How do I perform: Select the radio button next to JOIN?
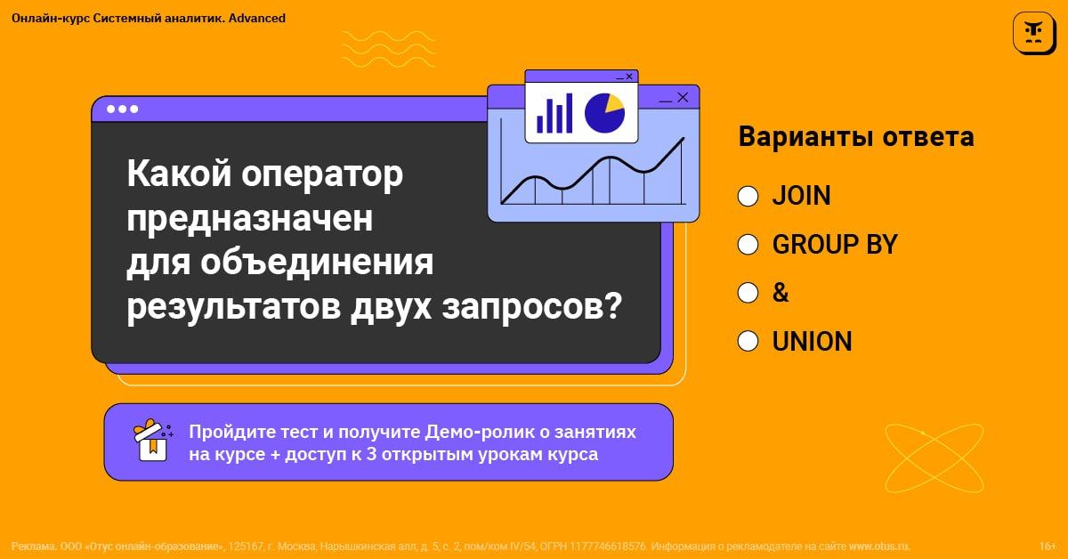pos(748,196)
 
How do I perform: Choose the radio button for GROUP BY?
pos(748,245)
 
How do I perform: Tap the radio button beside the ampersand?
pos(748,293)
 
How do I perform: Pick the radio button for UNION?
pos(748,342)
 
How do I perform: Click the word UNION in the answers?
pos(812,342)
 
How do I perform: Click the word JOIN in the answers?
pos(802,196)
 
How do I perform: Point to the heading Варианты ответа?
pos(856,136)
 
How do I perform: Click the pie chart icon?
pos(604,113)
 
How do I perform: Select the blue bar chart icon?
pos(554,114)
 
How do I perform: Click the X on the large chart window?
pos(683,97)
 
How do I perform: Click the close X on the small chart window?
pos(629,77)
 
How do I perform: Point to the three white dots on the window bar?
pos(123,109)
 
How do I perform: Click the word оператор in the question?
pos(322,174)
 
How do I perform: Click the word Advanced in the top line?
pos(257,18)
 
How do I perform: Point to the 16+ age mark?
pos(1048,547)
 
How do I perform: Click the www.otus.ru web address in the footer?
pos(879,547)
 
